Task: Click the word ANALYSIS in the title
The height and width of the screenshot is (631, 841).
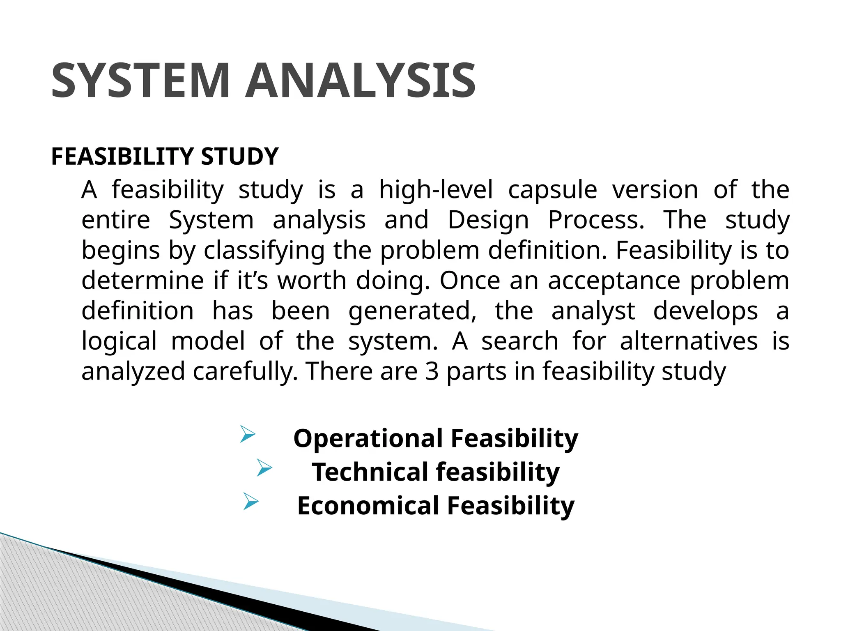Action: point(361,81)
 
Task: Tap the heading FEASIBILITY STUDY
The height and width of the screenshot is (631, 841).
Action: point(165,157)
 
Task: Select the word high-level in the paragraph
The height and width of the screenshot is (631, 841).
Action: point(436,190)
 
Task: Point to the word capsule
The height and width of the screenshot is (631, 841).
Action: point(552,190)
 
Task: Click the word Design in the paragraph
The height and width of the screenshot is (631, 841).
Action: point(488,220)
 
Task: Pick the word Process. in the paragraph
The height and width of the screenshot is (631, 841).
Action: point(596,220)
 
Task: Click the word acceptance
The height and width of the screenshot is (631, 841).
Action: point(614,281)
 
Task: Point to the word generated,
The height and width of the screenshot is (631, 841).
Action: point(412,311)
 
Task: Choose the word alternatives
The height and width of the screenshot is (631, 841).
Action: point(689,341)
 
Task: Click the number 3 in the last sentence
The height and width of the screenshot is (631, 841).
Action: point(432,371)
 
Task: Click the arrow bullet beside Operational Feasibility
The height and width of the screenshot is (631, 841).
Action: point(248,434)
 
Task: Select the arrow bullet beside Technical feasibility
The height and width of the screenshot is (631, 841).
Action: point(264,468)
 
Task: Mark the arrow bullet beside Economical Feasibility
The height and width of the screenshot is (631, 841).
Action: point(251,502)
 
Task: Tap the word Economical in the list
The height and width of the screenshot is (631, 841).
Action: point(368,506)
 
